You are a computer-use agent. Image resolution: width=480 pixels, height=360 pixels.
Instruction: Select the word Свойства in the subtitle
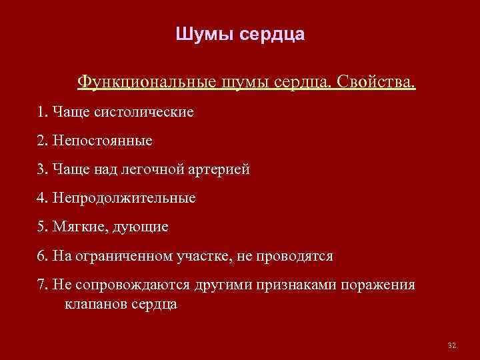375,83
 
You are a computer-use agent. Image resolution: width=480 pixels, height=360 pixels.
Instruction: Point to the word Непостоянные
100,141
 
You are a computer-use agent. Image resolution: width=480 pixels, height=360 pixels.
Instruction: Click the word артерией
219,169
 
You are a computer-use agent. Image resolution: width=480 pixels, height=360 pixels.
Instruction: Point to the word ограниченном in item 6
127,257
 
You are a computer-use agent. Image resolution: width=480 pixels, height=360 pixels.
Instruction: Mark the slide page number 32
451,345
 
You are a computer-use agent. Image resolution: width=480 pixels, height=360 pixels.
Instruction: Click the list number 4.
42,199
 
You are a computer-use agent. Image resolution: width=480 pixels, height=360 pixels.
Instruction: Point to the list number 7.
42,285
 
